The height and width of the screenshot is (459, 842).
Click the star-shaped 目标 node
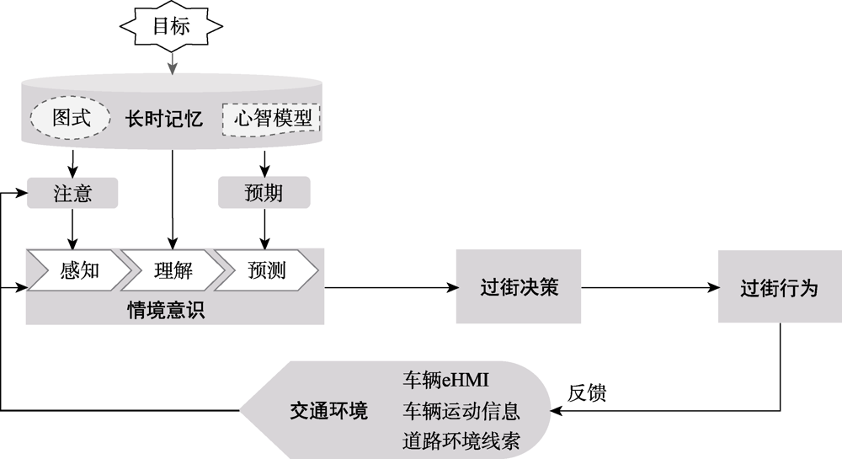point(171,25)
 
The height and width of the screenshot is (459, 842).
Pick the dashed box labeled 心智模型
point(271,118)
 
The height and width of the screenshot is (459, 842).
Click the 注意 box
point(72,194)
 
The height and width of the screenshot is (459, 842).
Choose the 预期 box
point(264,194)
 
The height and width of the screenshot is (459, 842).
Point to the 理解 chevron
point(173,270)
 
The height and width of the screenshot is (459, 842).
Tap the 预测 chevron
point(267,270)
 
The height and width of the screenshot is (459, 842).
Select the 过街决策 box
point(519,287)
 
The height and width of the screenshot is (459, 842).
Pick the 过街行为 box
point(780,287)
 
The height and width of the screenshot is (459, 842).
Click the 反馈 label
point(587,392)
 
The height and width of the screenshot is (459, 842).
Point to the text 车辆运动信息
point(461,412)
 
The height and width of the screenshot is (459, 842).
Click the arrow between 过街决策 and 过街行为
point(649,288)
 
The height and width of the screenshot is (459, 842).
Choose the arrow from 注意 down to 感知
point(72,228)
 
